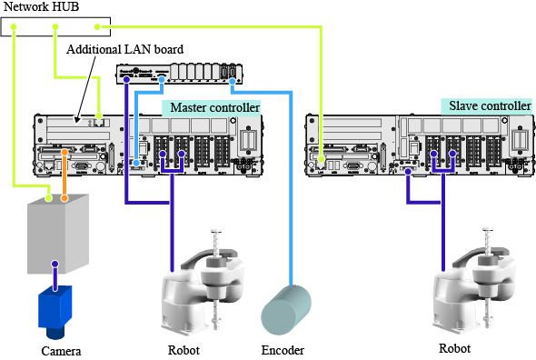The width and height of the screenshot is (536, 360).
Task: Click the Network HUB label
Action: click(x=41, y=6)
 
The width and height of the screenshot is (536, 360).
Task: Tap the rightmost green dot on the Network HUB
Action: click(x=97, y=26)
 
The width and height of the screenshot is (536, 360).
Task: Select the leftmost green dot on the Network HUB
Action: click(x=14, y=26)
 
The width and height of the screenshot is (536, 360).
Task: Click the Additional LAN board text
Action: click(x=124, y=49)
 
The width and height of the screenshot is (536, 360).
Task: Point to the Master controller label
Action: click(x=215, y=107)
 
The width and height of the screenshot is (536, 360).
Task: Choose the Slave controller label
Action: click(x=490, y=105)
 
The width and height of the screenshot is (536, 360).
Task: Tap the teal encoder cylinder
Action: click(x=286, y=310)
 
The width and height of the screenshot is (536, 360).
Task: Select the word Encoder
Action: click(x=283, y=350)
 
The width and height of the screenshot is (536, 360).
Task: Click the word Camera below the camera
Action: click(x=61, y=351)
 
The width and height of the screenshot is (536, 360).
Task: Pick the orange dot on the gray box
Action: click(x=65, y=198)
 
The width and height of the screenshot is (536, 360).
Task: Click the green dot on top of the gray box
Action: click(x=49, y=198)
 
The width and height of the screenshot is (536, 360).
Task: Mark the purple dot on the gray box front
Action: click(x=55, y=264)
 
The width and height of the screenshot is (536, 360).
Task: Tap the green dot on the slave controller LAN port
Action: click(x=321, y=159)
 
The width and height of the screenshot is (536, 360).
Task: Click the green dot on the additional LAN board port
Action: click(x=99, y=115)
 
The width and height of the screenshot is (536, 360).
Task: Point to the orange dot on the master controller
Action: click(x=65, y=152)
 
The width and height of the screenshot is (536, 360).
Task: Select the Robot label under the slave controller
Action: click(x=454, y=348)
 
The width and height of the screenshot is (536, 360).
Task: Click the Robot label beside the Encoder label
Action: click(x=184, y=350)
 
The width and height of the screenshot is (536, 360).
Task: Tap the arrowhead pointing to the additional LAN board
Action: click(x=77, y=120)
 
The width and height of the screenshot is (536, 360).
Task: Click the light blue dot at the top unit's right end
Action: click(x=233, y=81)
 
